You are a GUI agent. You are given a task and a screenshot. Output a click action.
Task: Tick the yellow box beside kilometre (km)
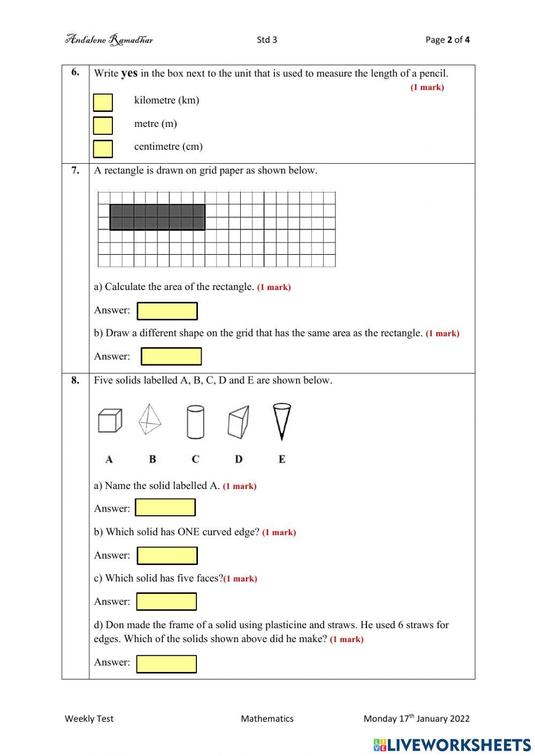pos(103,102)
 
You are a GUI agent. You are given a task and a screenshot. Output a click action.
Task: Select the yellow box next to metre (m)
pos(103,125)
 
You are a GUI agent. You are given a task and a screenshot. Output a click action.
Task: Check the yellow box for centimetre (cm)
pos(103,149)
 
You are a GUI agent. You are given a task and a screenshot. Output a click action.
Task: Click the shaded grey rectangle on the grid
pos(157,217)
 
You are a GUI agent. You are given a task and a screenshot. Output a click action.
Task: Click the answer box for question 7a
pos(167,311)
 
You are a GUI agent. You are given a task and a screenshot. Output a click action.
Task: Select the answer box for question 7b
pos(171,356)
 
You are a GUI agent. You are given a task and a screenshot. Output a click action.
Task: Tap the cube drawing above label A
pos(110,420)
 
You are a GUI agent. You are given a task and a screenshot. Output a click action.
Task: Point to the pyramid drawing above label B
pos(150,419)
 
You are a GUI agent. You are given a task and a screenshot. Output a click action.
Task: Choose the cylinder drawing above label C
pos(195,422)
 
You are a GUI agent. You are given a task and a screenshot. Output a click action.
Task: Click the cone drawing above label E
pos(281,421)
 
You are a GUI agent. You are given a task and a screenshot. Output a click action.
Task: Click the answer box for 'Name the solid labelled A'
pos(165,507)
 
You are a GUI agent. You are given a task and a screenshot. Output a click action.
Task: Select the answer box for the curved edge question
pos(167,555)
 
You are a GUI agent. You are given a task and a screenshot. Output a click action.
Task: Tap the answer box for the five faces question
pos(166,601)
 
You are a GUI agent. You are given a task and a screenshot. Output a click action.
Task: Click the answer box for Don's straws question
pos(166,664)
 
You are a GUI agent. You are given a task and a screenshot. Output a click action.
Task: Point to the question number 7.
pos(75,170)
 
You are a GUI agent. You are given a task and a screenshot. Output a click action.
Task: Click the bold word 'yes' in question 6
pos(129,73)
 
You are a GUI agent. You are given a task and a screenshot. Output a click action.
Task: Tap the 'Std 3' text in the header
pos(267,40)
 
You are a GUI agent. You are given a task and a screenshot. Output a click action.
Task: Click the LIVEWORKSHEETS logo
pos(452,744)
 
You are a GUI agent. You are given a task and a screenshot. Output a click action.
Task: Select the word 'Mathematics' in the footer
pos(267,719)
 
